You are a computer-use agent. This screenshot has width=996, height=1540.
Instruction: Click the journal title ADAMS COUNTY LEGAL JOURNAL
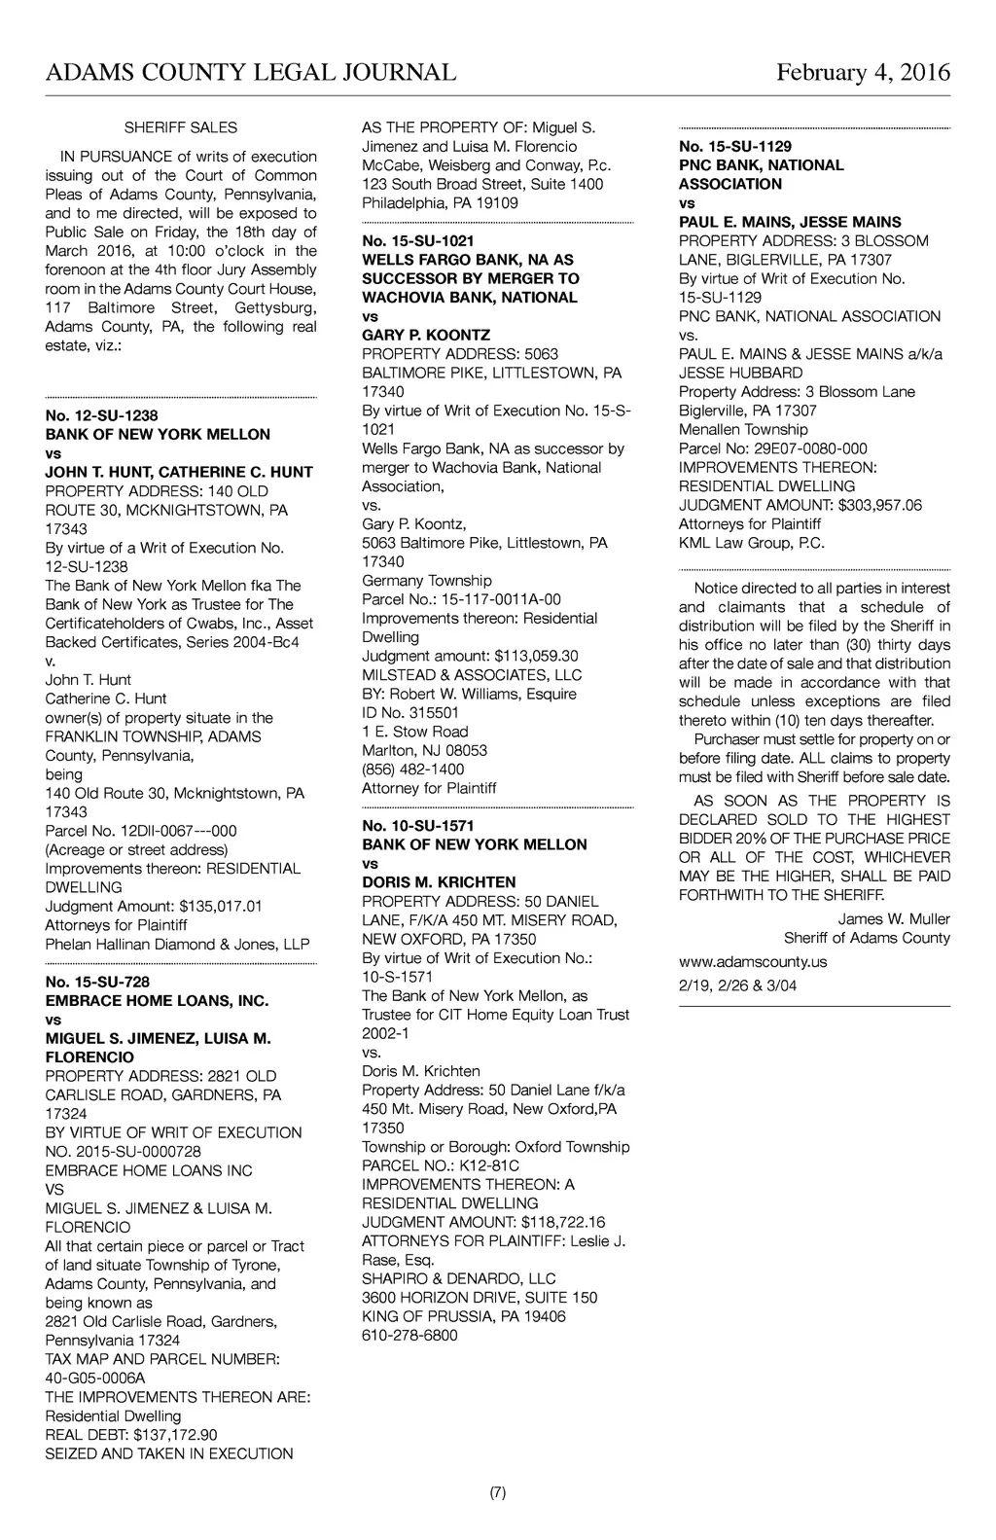pyautogui.click(x=250, y=73)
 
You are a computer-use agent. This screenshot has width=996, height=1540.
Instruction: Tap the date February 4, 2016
pyautogui.click(x=863, y=73)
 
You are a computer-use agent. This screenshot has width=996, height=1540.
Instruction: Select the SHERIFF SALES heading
pyautogui.click(x=181, y=127)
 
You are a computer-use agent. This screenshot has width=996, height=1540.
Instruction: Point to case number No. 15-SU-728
pyautogui.click(x=97, y=982)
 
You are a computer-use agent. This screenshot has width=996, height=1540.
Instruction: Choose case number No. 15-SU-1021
pyautogui.click(x=418, y=240)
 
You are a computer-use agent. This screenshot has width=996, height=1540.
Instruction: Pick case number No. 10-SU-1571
pyautogui.click(x=418, y=826)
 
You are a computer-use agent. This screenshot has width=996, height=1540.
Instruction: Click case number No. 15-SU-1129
pyautogui.click(x=735, y=146)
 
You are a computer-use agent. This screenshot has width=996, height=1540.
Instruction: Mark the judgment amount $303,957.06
pyautogui.click(x=879, y=505)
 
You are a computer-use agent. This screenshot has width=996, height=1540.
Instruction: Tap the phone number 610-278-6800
pyautogui.click(x=409, y=1336)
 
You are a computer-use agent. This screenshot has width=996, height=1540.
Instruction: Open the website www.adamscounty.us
pyautogui.click(x=753, y=962)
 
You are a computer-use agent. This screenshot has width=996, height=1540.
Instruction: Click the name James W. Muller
pyautogui.click(x=894, y=919)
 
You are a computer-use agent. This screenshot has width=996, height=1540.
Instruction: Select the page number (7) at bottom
pyautogui.click(x=497, y=1493)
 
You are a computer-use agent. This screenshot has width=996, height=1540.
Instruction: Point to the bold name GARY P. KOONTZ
pyautogui.click(x=426, y=336)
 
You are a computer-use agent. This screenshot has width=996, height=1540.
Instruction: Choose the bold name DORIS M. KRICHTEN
pyautogui.click(x=439, y=882)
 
